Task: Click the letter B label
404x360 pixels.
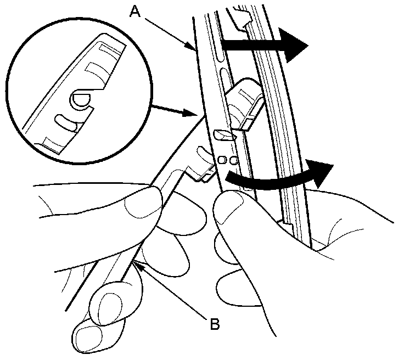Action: (x=216, y=323)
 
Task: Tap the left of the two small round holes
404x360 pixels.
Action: (x=223, y=160)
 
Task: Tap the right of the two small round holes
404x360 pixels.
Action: (x=233, y=160)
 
